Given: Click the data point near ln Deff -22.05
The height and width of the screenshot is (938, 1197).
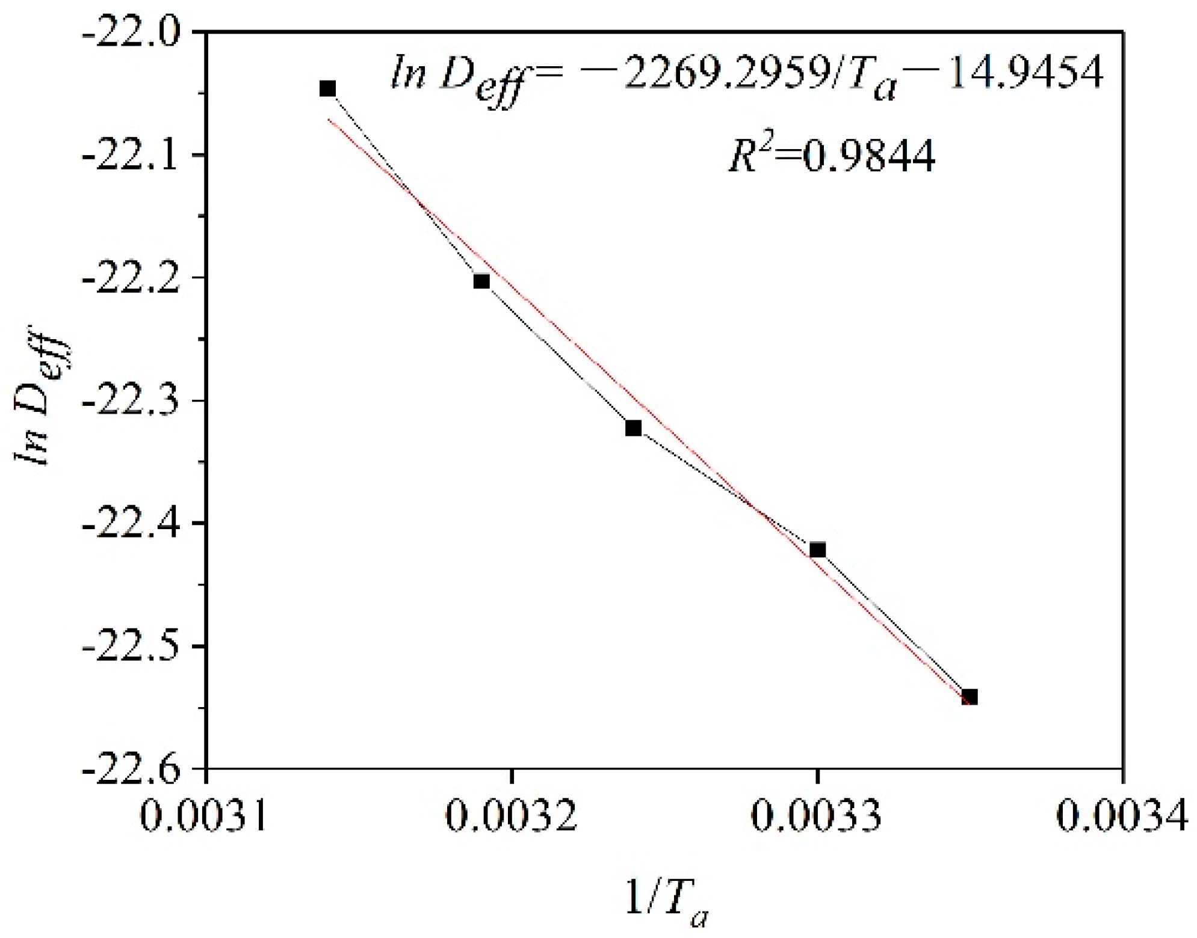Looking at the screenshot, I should point(327,89).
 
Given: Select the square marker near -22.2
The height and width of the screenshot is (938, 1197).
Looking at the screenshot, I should point(481,281).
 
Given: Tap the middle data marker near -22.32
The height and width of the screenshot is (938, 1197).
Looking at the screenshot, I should point(633,428).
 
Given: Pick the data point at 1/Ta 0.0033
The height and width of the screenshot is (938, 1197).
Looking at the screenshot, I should point(817,550).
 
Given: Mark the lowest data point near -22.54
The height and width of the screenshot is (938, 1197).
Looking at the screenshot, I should point(970,697).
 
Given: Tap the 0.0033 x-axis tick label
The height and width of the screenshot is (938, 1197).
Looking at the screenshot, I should point(817,818).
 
